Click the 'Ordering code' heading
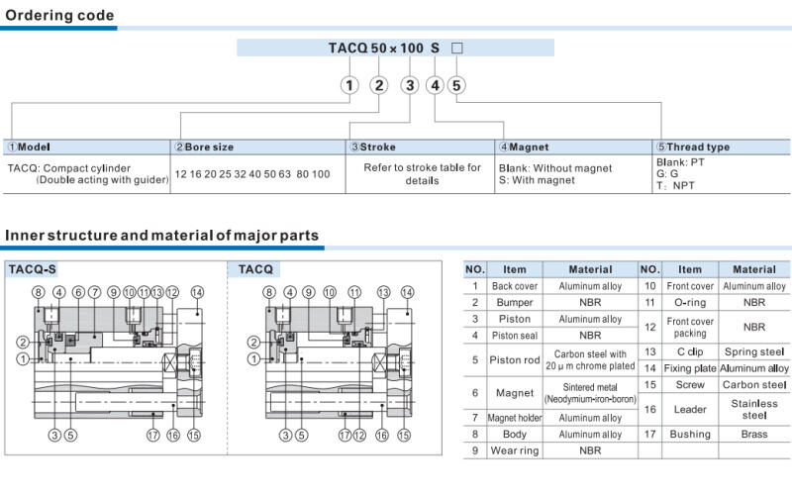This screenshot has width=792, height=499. pos(60,15)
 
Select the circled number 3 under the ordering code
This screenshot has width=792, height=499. pos(409,85)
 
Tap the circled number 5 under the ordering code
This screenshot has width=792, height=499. pos(456,85)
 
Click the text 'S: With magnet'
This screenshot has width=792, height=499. pos(537,181)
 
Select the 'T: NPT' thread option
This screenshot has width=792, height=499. pos(676,184)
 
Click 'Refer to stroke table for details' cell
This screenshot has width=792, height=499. pos(422,174)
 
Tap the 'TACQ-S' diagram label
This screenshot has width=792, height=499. pos(33,268)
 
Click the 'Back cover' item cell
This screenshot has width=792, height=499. pos(514,286)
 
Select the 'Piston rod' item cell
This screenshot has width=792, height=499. pos(514,360)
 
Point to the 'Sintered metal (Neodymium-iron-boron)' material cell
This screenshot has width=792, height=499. pos(590,392)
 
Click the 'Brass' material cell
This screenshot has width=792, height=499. pos(753,434)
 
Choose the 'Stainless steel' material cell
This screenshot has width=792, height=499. pos(753,409)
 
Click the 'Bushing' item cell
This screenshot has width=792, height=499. pos(689,434)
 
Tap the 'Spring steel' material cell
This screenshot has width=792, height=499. pos(753,351)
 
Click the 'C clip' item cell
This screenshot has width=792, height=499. pos(689,351)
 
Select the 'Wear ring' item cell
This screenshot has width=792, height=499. pos(514,450)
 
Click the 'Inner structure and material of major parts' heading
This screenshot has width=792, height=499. pos(162,236)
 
